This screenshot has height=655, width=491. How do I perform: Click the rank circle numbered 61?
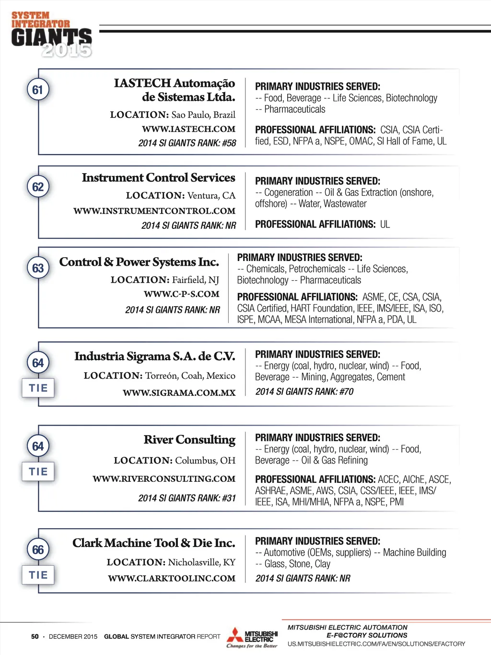click(x=38, y=90)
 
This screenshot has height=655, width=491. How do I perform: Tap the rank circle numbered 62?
click(x=38, y=187)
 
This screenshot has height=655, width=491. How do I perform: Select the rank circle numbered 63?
click(x=38, y=268)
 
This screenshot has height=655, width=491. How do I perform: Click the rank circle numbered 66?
click(x=38, y=549)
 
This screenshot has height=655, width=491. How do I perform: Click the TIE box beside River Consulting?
click(x=38, y=472)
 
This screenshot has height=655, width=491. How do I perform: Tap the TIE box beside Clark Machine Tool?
click(x=38, y=575)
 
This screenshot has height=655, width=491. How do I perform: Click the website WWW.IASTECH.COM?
click(x=188, y=129)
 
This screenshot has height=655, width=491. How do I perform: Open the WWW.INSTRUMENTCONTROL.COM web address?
click(x=154, y=211)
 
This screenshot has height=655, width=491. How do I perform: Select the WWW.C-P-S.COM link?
click(x=181, y=294)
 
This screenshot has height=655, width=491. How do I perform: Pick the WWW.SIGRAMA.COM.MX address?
click(x=179, y=393)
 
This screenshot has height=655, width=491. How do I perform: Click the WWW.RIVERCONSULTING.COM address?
click(x=164, y=479)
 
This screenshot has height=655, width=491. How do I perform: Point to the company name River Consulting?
click(x=189, y=440)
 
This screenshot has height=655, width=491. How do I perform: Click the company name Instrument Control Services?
click(x=158, y=178)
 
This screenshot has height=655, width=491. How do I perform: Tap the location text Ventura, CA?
click(x=211, y=196)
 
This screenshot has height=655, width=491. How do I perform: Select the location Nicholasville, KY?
click(x=202, y=562)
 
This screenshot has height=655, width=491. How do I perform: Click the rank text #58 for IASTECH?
click(x=229, y=143)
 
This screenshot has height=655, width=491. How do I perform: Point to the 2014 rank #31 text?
click(x=229, y=498)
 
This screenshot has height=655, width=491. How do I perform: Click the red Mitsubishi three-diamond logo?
click(x=235, y=636)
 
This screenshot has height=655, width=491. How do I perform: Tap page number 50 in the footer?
click(x=35, y=637)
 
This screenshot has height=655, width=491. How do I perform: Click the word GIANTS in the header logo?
click(x=51, y=37)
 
